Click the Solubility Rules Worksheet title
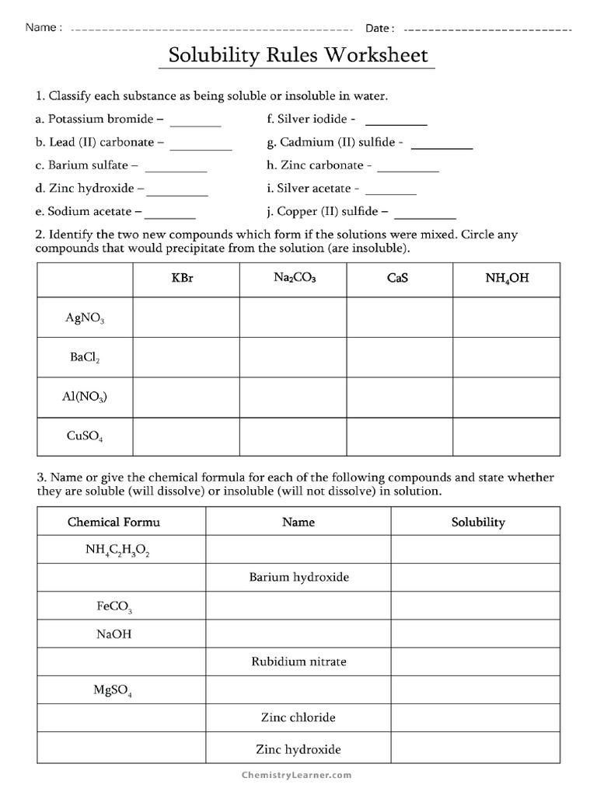coord(298,57)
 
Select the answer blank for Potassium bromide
coord(195,123)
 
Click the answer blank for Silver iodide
coord(396,123)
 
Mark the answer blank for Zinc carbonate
coord(408,168)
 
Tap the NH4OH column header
coord(506,278)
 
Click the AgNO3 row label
coord(85,318)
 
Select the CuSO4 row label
coord(85,437)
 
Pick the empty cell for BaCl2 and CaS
coord(400,357)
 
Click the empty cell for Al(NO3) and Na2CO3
coord(293,397)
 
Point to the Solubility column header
coord(478,522)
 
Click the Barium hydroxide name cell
coord(298,578)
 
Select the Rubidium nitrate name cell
coord(298,661)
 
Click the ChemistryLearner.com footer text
coord(298,775)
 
